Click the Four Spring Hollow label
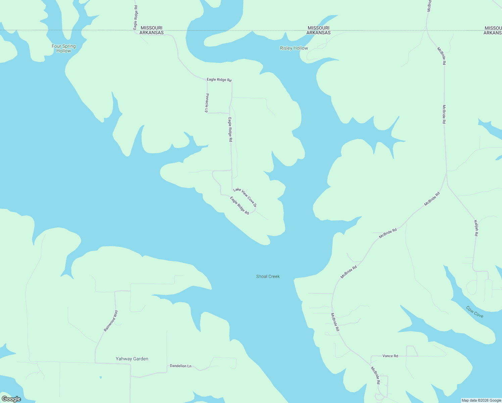63,49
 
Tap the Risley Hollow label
294,48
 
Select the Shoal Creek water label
268,277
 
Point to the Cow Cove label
474,312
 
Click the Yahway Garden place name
132,359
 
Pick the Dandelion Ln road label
181,366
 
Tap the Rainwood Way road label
111,321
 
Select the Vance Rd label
390,356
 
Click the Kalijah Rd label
476,228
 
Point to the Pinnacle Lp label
207,103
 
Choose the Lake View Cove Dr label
245,197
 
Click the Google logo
11,399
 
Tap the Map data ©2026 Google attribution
481,400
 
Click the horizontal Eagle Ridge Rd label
219,80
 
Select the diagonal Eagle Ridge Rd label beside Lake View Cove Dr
239,206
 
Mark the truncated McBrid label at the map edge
429,6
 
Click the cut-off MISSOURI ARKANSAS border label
493,31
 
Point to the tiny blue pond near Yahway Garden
101,377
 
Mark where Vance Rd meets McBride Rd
371,357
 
